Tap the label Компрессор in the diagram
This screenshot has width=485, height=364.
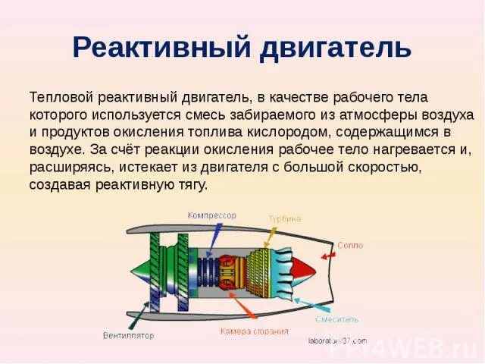(x=212, y=216)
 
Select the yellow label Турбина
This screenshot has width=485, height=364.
(x=284, y=219)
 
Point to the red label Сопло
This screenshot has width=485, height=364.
(x=350, y=246)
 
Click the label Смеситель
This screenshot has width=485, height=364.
(x=337, y=319)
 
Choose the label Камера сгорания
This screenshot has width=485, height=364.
(x=255, y=331)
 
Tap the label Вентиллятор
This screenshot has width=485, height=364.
(x=129, y=334)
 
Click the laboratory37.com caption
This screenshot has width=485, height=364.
(x=337, y=340)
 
